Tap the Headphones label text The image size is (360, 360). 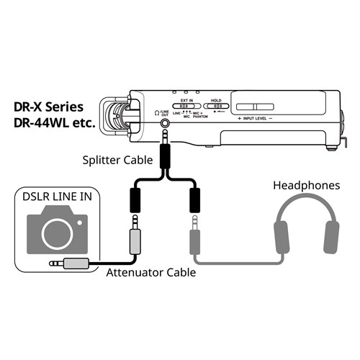(x=307, y=185)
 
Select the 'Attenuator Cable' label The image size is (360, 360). (x=150, y=273)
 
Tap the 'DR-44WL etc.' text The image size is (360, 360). (x=55, y=123)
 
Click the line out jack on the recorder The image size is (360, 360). (x=167, y=122)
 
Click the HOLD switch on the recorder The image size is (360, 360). (x=216, y=105)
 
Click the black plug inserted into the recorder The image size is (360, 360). (x=167, y=148)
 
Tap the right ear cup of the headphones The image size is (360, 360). (x=331, y=238)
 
